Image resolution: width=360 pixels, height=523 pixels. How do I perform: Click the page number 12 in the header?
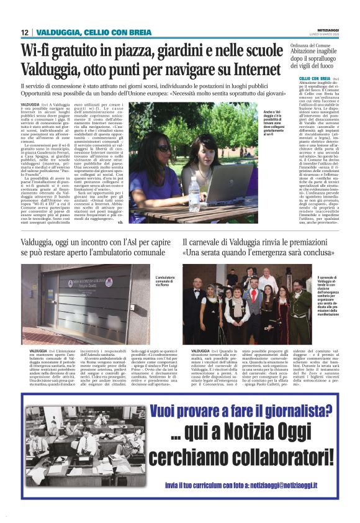pyautogui.click(x=24, y=32)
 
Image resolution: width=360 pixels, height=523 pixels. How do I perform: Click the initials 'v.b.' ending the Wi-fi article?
pyautogui.click(x=120, y=222)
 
